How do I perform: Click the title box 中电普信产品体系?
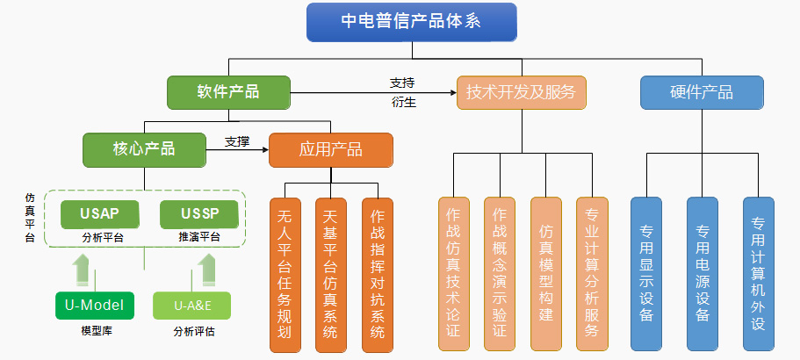(x=411, y=22)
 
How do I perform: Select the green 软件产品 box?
(x=228, y=92)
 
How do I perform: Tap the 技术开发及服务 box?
(x=522, y=92)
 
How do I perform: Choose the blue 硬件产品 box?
(x=702, y=92)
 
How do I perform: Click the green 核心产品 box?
(x=144, y=149)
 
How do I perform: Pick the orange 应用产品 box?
(x=330, y=149)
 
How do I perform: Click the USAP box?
(x=99, y=214)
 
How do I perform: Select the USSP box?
(x=199, y=214)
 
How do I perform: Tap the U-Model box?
(x=94, y=306)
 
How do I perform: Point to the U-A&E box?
(x=191, y=306)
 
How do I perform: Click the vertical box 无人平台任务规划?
(x=285, y=274)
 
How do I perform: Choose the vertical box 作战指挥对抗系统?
(x=378, y=274)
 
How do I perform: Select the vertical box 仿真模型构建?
(x=546, y=274)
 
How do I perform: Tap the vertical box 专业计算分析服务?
(x=593, y=274)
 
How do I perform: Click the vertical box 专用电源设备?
(x=702, y=274)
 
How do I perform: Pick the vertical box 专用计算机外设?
(x=758, y=274)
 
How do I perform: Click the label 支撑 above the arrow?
(x=237, y=141)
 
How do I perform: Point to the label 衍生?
(x=404, y=102)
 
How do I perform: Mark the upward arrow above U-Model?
(x=81, y=270)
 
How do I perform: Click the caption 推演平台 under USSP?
(x=199, y=237)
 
